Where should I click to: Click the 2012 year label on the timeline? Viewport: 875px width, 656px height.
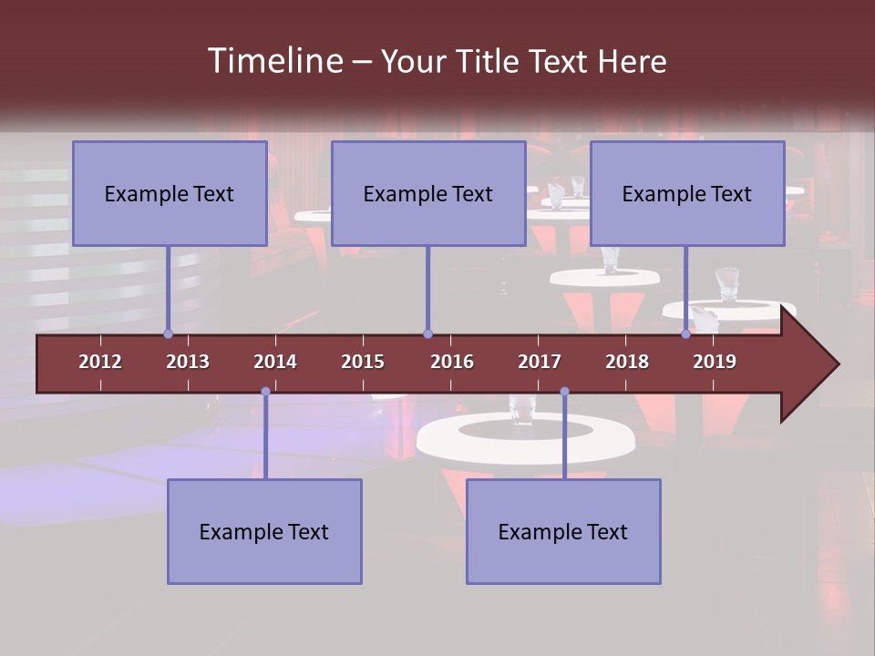coord(100,362)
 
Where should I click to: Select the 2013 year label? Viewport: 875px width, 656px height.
coord(188,362)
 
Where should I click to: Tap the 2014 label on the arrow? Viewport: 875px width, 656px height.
coord(275,362)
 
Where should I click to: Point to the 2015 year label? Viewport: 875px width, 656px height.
coord(363,362)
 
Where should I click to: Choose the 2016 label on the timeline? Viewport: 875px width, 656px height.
coord(452,362)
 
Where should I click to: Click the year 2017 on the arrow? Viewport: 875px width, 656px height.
coord(540,362)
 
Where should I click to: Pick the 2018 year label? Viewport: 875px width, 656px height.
coord(627,362)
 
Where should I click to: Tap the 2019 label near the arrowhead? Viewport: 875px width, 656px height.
coord(715,362)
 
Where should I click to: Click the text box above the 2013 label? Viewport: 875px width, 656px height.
coord(170,193)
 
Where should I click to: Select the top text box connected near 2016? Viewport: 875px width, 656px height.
coord(428,193)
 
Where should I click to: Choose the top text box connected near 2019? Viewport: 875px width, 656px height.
coord(687,193)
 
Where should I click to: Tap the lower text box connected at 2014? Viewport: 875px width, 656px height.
coord(264,531)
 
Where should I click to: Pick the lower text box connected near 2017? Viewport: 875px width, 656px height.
coord(563,531)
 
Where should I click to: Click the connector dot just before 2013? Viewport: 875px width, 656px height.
coord(168,334)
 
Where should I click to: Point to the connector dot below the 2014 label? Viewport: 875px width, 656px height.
coord(265,392)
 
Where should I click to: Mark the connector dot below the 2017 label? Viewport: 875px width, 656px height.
coord(564,392)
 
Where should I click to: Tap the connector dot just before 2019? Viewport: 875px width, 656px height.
coord(685,334)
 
